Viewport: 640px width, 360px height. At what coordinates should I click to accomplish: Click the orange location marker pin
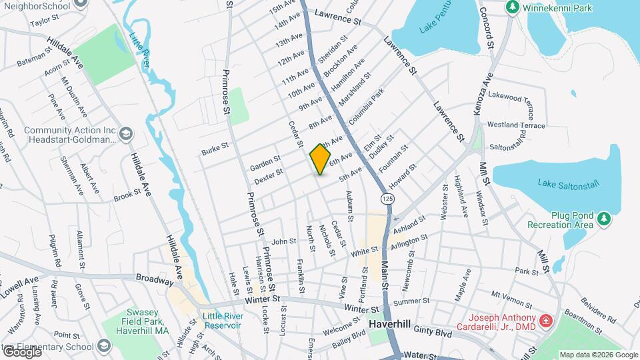point(321,160)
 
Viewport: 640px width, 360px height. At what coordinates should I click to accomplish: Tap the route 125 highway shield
point(386,199)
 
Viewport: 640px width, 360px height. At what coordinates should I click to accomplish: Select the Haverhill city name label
point(393,323)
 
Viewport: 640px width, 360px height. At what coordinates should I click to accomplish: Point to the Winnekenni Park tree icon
point(512,7)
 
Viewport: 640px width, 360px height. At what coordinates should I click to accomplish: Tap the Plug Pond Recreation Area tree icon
point(604,218)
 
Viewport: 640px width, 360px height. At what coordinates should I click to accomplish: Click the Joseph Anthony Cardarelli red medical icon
point(546,321)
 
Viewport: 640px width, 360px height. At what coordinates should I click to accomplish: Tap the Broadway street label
point(154,281)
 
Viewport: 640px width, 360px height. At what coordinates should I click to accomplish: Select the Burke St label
point(215,148)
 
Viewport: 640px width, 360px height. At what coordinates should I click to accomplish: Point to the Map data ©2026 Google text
point(597,354)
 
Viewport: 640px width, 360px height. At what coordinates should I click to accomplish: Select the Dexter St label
point(269,176)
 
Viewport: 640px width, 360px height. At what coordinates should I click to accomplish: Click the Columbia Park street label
point(365,105)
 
